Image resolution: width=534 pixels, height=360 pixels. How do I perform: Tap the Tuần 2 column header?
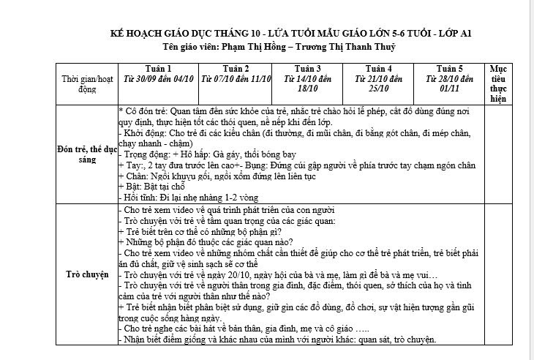click(x=236, y=69)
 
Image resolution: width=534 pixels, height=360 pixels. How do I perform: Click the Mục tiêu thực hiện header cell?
click(x=498, y=83)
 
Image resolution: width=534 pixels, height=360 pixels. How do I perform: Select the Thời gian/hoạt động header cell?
click(x=87, y=83)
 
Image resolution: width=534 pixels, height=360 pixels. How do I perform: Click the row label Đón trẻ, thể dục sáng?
click(x=87, y=154)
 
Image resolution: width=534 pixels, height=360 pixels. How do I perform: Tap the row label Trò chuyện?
click(x=87, y=276)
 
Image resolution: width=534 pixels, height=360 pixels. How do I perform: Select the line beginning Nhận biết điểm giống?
click(x=278, y=339)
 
